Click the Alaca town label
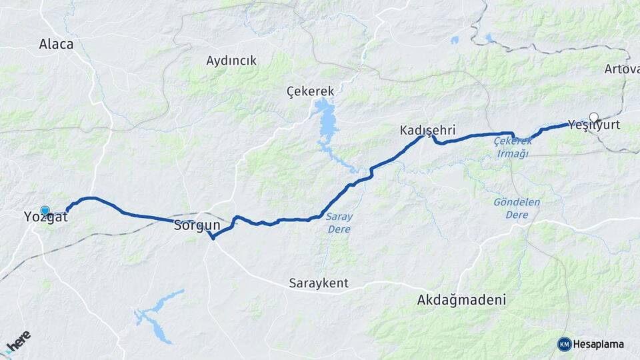click(x=56, y=45)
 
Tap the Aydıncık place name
click(x=231, y=61)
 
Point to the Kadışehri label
click(x=427, y=131)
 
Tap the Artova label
click(x=621, y=69)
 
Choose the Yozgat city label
click(x=45, y=217)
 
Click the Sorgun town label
click(x=197, y=225)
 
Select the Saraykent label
click(x=319, y=283)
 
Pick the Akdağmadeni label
click(x=461, y=300)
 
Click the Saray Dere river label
click(x=339, y=223)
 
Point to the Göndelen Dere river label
click(x=517, y=208)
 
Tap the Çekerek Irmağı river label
click(x=511, y=147)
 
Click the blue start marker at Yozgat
click(x=45, y=210)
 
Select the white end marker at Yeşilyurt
click(x=593, y=117)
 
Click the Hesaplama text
click(x=599, y=345)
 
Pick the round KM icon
click(x=564, y=344)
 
